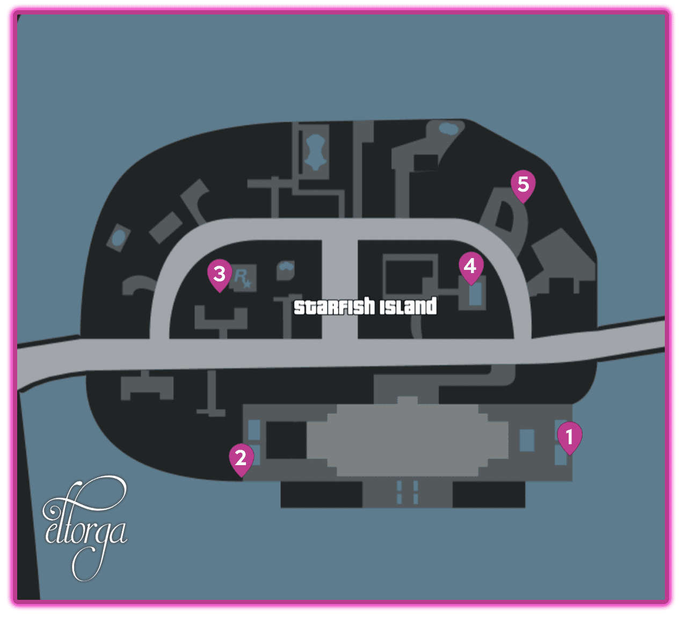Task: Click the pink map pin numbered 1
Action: (569, 437)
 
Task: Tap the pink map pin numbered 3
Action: (219, 274)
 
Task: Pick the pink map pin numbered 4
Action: (470, 266)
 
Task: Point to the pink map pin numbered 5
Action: (523, 185)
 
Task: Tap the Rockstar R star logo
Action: (243, 278)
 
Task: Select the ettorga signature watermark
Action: (84, 528)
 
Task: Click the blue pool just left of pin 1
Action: (527, 440)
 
